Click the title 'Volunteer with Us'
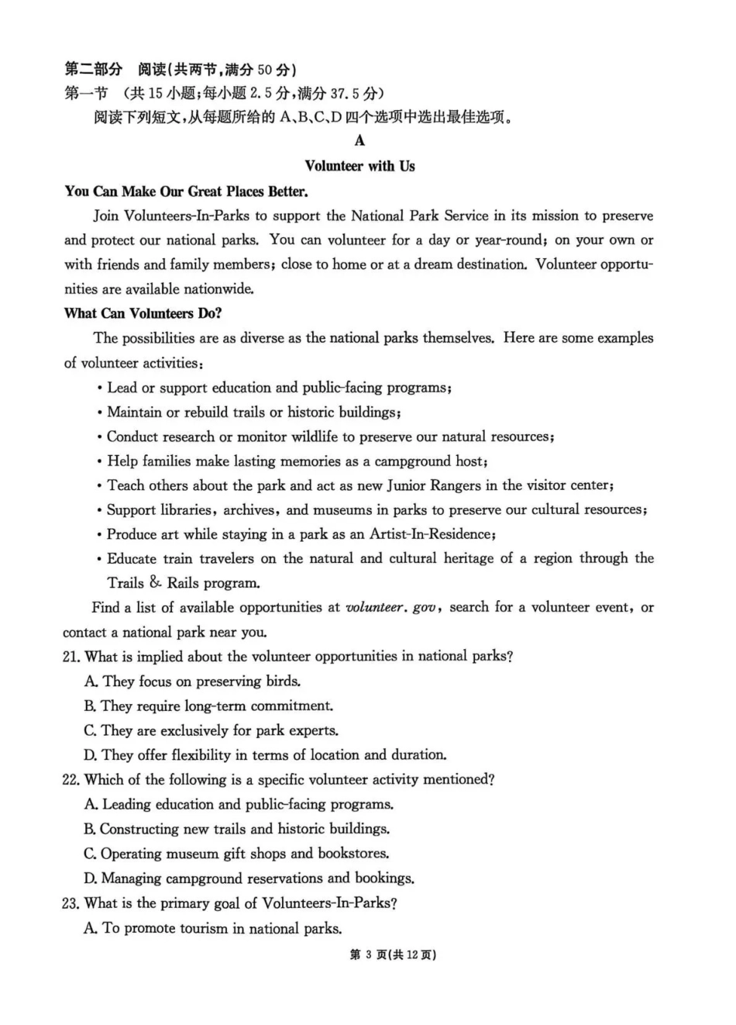pyautogui.click(x=359, y=166)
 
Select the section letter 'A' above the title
pyautogui.click(x=359, y=140)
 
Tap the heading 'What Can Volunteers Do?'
pyautogui.click(x=143, y=313)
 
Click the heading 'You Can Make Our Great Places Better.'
pyautogui.click(x=186, y=192)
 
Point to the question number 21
pyautogui.click(x=71, y=657)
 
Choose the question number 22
pyautogui.click(x=71, y=779)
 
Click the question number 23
pyautogui.click(x=71, y=903)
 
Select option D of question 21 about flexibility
pyautogui.click(x=265, y=754)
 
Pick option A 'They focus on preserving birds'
pyautogui.click(x=192, y=682)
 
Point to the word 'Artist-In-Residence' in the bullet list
pyautogui.click(x=432, y=534)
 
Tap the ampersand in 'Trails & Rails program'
pyautogui.click(x=156, y=582)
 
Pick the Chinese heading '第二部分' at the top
pyautogui.click(x=93, y=70)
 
